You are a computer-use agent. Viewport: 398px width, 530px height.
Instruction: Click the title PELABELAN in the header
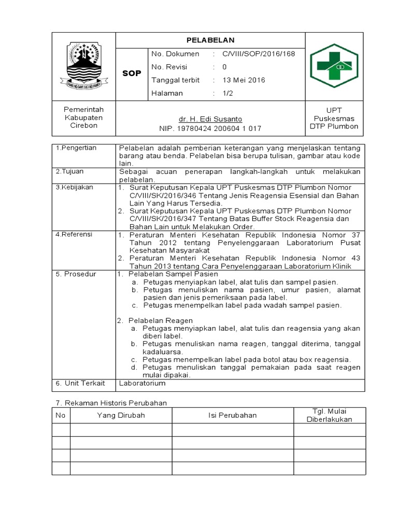coord(210,40)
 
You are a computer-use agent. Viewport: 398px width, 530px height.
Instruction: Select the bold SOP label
coord(132,73)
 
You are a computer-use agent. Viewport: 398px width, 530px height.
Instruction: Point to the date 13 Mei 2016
coord(244,80)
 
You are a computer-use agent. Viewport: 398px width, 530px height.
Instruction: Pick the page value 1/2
coord(228,93)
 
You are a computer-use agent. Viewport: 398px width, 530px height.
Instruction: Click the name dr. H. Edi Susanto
coord(210,119)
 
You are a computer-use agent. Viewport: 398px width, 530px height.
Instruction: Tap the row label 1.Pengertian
coord(76,148)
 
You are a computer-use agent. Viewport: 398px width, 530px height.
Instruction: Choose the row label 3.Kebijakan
coord(75,187)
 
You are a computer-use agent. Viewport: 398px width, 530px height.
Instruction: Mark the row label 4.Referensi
coord(74,234)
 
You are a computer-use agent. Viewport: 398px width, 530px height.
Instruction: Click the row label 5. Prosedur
coord(76,274)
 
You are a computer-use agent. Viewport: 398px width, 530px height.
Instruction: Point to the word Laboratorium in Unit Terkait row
coord(142,383)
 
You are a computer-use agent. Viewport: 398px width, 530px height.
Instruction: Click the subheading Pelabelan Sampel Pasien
coord(173,274)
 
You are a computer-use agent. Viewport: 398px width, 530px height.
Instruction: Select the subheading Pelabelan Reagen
coord(161,321)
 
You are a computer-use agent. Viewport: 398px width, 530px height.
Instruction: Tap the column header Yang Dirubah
coord(121,415)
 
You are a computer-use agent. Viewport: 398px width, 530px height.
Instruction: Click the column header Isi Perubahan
coord(232,415)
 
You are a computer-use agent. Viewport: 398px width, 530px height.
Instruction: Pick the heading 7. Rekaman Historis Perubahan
coord(111,403)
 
